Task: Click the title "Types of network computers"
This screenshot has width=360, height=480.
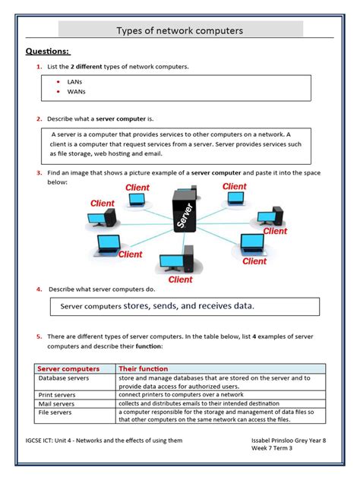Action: tap(180, 30)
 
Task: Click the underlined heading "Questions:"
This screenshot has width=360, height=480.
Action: tap(48, 51)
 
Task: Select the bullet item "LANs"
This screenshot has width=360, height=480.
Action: tap(74, 82)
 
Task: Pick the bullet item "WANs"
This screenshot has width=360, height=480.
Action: tap(76, 92)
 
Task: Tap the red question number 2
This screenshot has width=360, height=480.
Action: tap(39, 118)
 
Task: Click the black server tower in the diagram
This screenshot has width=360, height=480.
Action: tap(185, 210)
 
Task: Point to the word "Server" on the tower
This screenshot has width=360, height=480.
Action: tap(185, 216)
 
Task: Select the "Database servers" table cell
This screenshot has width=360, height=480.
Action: tap(64, 378)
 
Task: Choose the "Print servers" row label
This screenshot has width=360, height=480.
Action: tap(57, 395)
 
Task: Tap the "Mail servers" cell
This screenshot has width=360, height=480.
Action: tap(56, 404)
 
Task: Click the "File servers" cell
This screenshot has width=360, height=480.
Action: tap(55, 412)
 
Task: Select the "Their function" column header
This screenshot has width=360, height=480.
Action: tap(144, 368)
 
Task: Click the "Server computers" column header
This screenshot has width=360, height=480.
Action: tap(68, 368)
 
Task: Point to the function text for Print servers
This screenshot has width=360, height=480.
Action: tap(181, 395)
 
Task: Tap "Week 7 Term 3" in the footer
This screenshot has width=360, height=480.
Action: tap(272, 448)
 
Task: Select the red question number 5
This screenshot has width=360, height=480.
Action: tap(39, 336)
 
